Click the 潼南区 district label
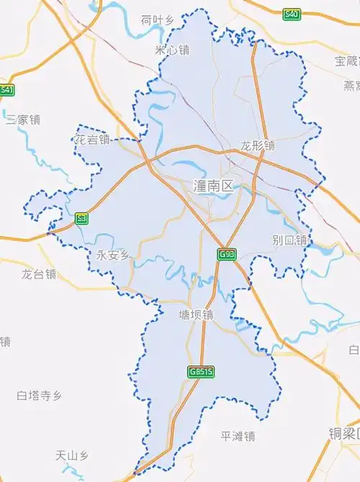(x=214, y=186)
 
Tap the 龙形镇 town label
(x=258, y=146)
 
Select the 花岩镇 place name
(x=93, y=140)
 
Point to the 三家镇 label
(x=22, y=120)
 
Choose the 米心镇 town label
(x=172, y=50)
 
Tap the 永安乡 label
(x=112, y=255)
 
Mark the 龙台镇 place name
(x=38, y=274)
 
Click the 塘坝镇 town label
(x=197, y=315)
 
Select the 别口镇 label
(x=289, y=240)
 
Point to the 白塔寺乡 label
(x=40, y=395)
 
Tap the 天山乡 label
(x=72, y=455)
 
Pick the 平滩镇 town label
(x=238, y=436)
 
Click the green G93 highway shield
(x=227, y=254)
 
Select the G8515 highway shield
(x=202, y=372)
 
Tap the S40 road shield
(x=291, y=14)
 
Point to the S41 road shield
(x=6, y=90)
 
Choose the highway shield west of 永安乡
(x=81, y=217)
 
